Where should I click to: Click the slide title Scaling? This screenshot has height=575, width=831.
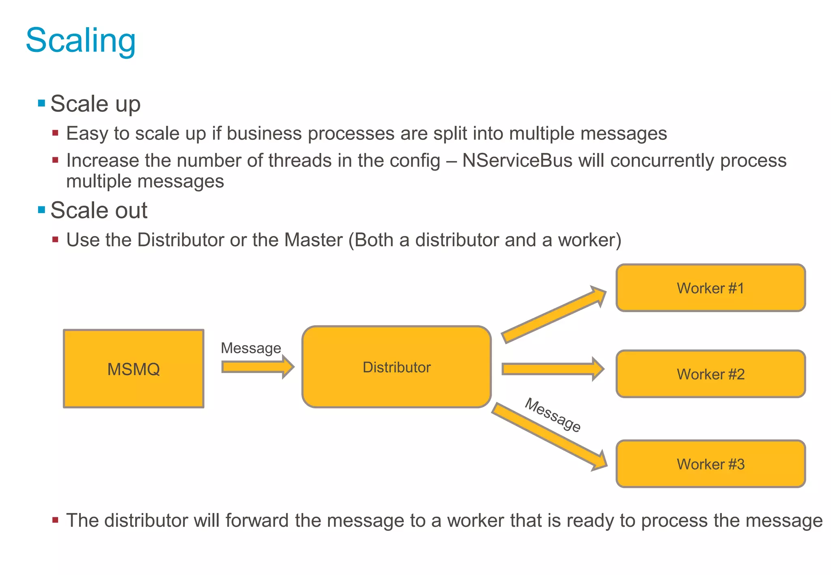[81, 41]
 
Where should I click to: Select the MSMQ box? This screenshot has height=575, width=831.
[133, 369]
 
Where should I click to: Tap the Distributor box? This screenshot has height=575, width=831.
[396, 367]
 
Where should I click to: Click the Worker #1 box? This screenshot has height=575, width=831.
[710, 288]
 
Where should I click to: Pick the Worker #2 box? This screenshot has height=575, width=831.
[710, 374]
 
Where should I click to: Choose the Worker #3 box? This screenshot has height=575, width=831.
[710, 464]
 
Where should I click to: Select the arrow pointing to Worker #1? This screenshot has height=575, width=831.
[554, 314]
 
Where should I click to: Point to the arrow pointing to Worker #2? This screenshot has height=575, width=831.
[552, 369]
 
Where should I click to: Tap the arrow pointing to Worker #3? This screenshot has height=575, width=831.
[550, 436]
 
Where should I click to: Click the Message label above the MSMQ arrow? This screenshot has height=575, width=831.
[251, 348]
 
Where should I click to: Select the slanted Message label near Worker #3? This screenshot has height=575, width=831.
[553, 415]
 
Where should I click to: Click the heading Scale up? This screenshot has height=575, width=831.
[95, 104]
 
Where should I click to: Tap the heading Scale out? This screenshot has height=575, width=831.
[99, 210]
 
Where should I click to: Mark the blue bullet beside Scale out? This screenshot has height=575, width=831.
[41, 210]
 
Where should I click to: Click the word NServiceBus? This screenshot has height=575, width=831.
[517, 160]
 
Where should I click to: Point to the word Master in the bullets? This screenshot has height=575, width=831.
[313, 240]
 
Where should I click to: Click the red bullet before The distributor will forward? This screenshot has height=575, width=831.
[56, 520]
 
